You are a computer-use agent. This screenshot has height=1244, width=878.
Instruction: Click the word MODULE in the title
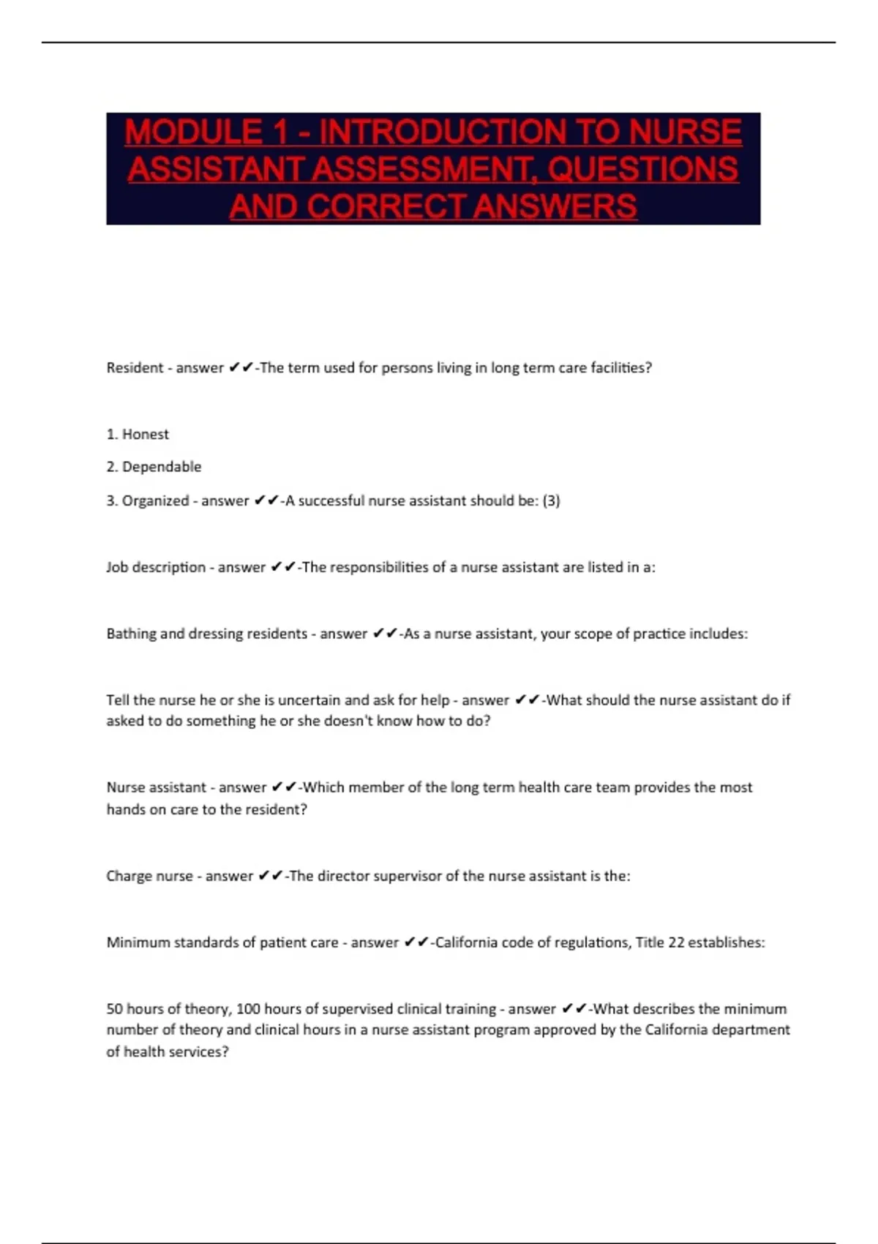pos(193,132)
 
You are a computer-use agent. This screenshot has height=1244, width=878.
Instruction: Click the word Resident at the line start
pos(135,367)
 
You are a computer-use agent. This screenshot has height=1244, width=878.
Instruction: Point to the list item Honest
pos(145,434)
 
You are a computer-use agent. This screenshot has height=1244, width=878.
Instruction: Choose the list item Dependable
pos(161,467)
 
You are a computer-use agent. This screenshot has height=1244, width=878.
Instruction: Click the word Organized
pos(155,501)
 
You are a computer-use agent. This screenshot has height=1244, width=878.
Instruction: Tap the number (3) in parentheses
pos(551,501)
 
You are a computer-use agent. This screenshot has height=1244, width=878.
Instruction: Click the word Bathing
pos(131,634)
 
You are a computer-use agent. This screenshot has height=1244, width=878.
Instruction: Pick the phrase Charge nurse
pos(149,876)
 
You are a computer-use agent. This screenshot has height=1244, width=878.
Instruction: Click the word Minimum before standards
pos(138,943)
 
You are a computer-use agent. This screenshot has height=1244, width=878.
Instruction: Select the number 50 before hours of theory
pos(114,1008)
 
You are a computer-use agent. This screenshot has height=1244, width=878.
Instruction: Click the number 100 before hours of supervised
pos(248,1008)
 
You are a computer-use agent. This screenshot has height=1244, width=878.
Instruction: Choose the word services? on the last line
pos(202,1052)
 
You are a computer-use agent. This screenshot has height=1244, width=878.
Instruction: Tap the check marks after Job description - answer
pos(282,567)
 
